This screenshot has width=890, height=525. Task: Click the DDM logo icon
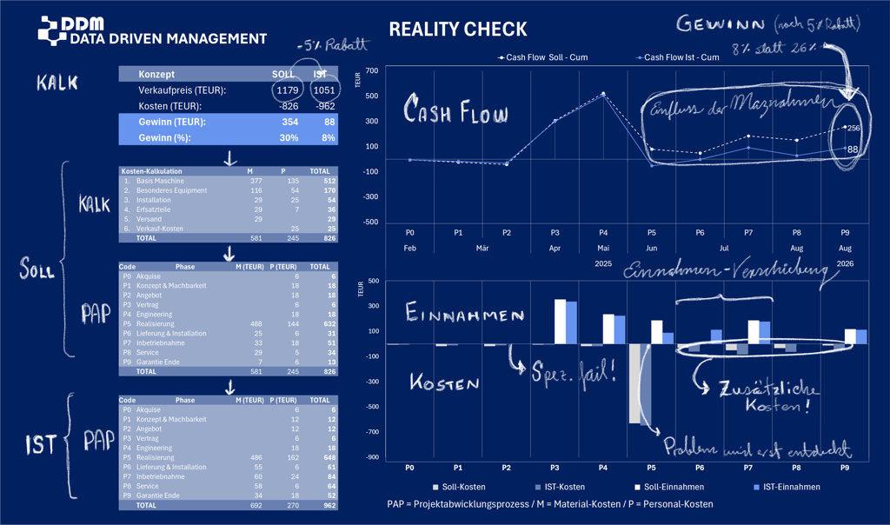point(52,30)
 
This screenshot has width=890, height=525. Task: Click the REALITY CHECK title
point(457,30)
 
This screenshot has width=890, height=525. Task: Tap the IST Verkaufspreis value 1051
point(324,90)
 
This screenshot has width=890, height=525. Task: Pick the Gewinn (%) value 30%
point(289,137)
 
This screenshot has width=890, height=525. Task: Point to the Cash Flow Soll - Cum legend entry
point(543,57)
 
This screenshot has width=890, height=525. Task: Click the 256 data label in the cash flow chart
point(853,128)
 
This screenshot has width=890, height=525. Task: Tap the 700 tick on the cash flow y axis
point(372,70)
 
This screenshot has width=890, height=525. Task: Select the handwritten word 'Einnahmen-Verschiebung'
point(726,270)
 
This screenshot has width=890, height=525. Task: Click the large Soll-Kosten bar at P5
point(634,383)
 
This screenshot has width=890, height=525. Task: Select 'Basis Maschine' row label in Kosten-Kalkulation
point(160,181)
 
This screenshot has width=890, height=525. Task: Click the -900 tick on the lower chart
point(372,457)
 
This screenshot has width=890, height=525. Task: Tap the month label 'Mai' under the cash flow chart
point(603,248)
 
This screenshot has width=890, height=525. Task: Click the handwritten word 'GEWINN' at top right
point(721,23)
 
